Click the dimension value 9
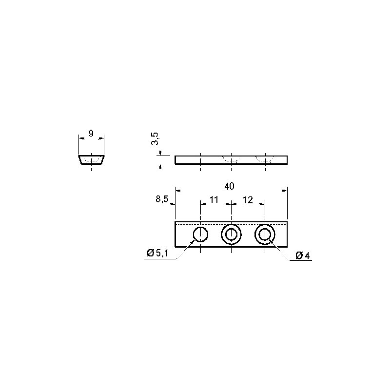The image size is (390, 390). (x=91, y=134)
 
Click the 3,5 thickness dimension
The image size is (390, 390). (x=155, y=138)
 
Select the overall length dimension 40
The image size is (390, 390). (x=229, y=186)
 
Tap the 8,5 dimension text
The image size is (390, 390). (x=162, y=199)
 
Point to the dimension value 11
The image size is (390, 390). (x=214, y=199)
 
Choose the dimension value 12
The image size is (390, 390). (x=248, y=200)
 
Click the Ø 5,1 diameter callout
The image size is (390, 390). (x=157, y=253)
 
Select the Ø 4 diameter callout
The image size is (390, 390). (x=303, y=255)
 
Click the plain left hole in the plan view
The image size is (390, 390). (x=200, y=228)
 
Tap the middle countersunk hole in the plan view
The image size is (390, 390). (x=231, y=225)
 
